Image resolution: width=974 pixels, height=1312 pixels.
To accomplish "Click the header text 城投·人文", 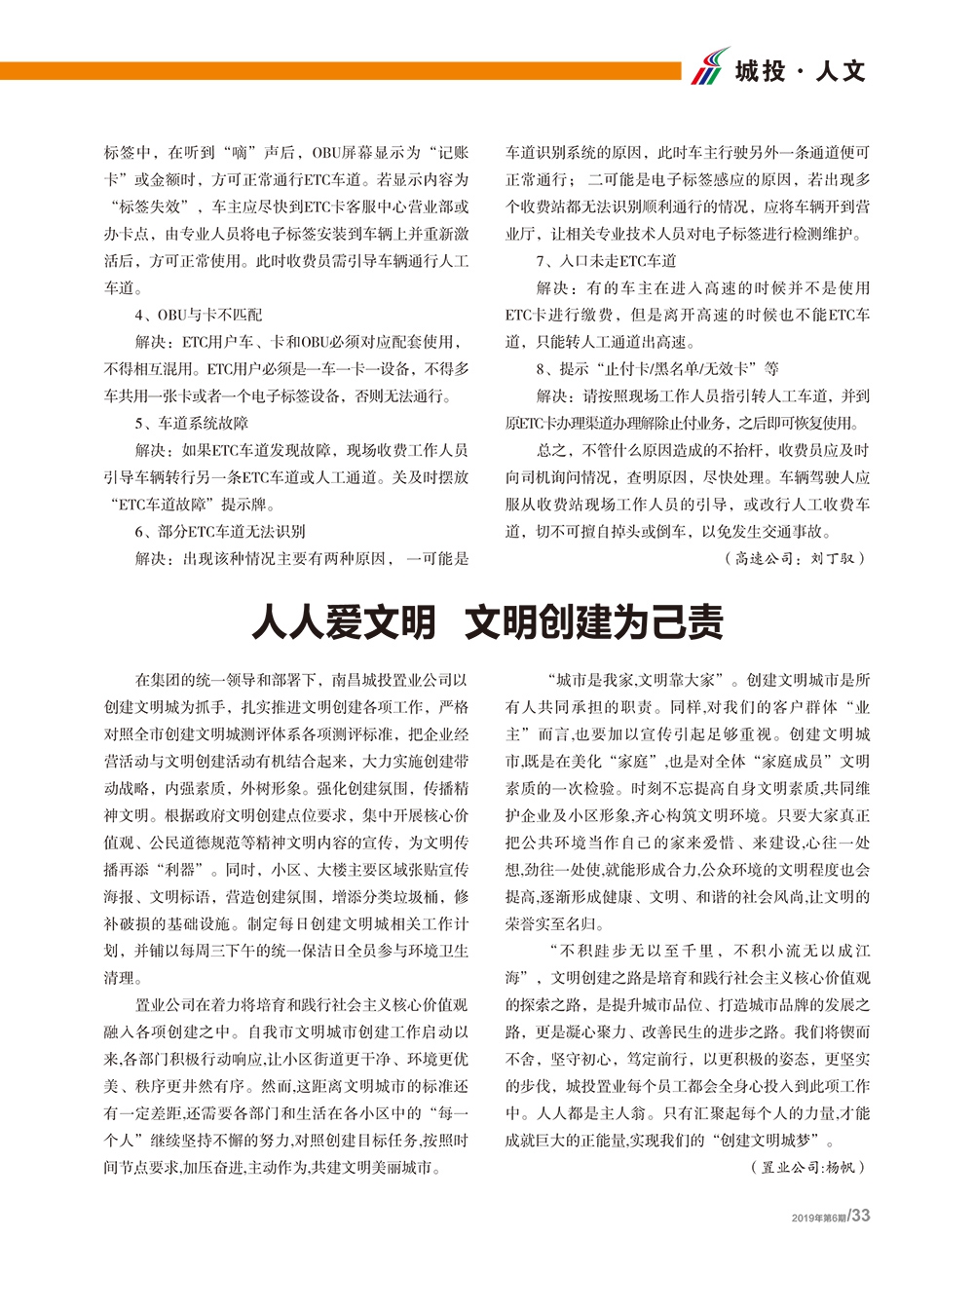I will (800, 71).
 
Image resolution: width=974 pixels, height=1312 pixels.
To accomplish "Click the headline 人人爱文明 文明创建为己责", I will (487, 621).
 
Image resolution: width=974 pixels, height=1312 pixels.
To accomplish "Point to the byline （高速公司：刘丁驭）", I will (794, 558).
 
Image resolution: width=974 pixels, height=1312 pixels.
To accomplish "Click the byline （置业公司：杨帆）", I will (807, 1167).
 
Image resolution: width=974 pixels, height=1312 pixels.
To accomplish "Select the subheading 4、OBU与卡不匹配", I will (199, 315).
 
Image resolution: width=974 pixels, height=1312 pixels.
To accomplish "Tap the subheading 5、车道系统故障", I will (192, 423).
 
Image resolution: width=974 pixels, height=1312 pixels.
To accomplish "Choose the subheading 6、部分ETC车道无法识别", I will (220, 531).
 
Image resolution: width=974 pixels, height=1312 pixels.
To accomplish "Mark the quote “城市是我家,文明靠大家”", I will (638, 680).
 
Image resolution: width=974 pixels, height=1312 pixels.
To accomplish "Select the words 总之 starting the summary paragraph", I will (551, 450).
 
